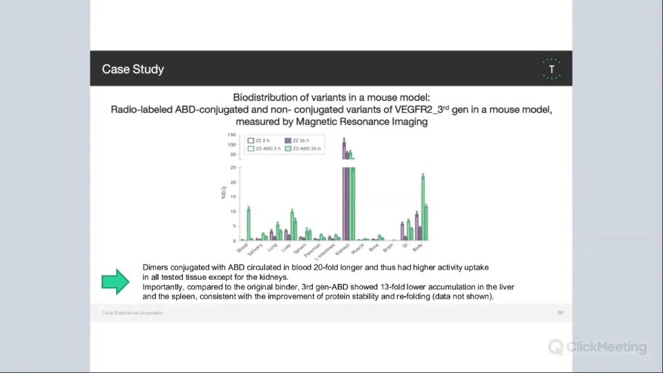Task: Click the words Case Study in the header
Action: [133, 69]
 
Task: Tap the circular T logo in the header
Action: [551, 69]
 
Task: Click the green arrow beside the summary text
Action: [115, 281]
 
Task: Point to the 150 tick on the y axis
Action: [231, 135]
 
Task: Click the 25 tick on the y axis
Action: [233, 167]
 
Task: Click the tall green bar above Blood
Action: [249, 223]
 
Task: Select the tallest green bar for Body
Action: [423, 207]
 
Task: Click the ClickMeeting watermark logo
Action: [598, 347]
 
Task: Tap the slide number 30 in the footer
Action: [560, 313]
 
